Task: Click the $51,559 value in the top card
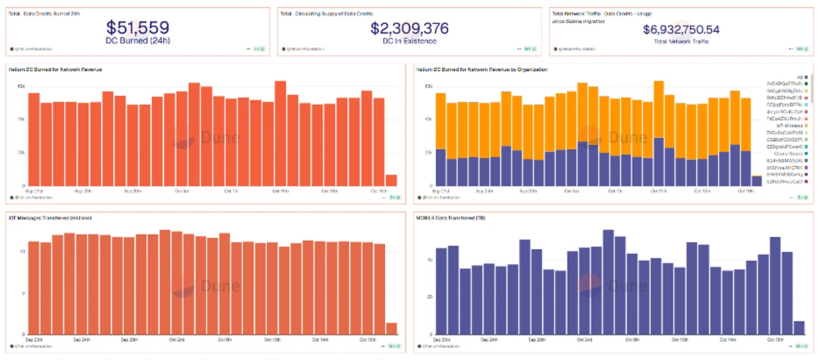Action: click(x=138, y=27)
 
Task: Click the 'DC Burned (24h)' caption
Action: click(x=138, y=41)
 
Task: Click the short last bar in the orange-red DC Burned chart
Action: click(x=391, y=180)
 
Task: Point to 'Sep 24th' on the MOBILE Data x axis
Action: click(x=489, y=339)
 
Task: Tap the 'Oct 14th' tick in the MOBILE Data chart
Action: click(x=727, y=339)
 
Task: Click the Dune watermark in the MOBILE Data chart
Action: click(x=612, y=285)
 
